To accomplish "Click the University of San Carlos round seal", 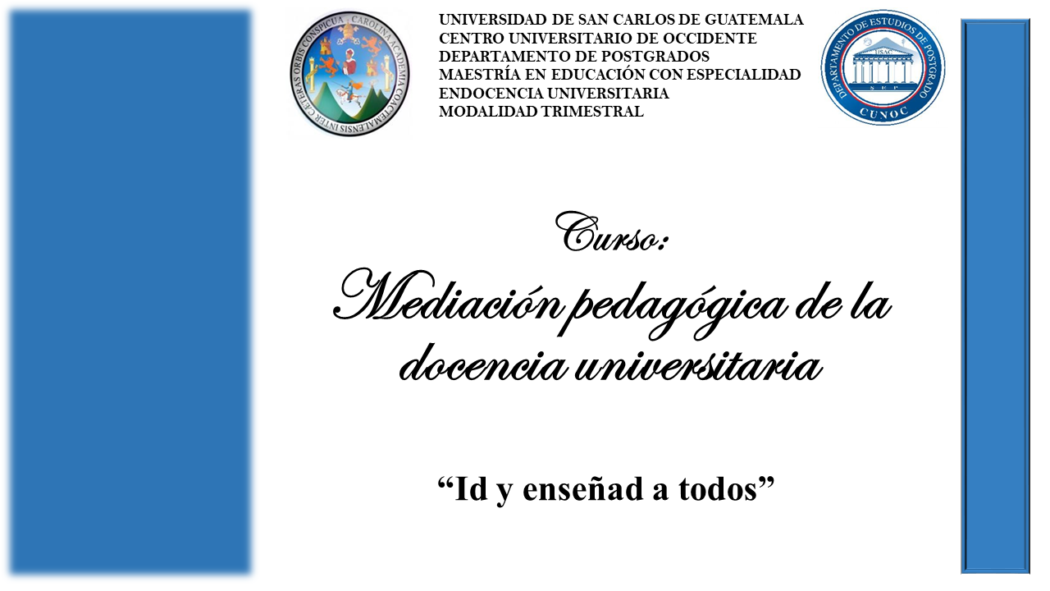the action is (x=349, y=74).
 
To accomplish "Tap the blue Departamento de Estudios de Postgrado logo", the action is (x=883, y=67).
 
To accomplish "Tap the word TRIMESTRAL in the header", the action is (x=592, y=112).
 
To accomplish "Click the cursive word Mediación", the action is (x=446, y=296).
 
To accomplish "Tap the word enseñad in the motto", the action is (x=582, y=488).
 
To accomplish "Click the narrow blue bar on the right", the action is (x=995, y=296).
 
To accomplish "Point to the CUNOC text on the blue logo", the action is (x=883, y=112).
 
